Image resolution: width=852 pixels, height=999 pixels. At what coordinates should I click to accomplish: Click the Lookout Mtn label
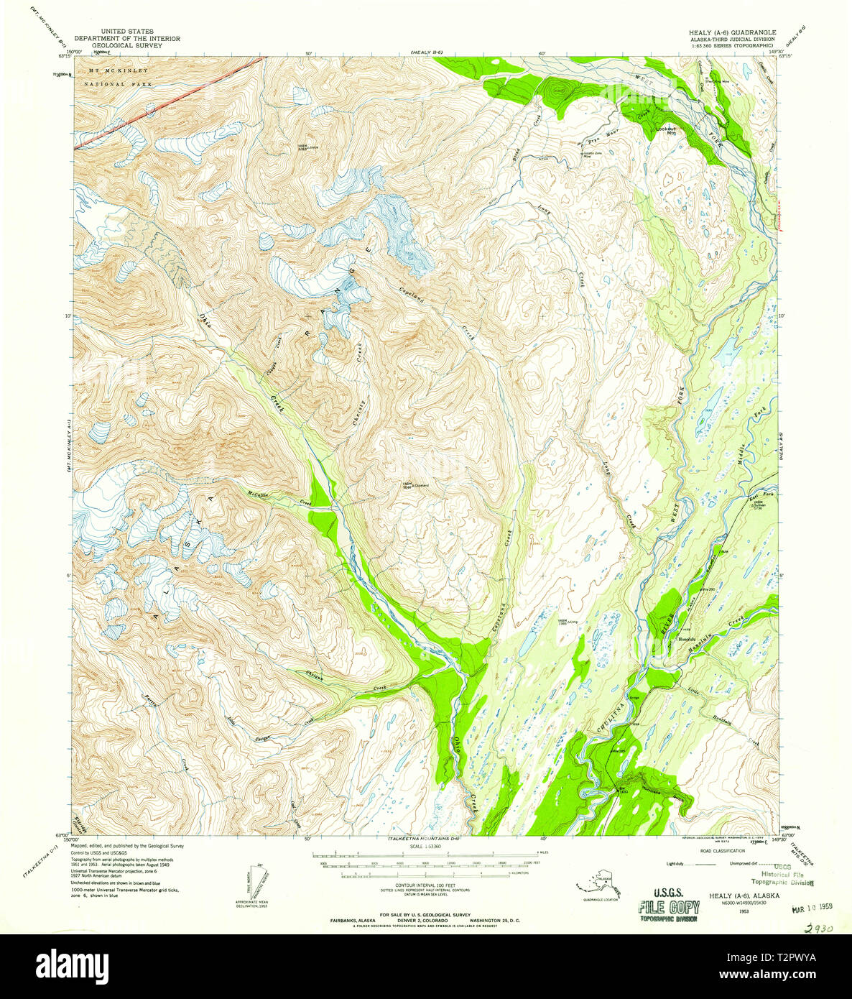coord(666,131)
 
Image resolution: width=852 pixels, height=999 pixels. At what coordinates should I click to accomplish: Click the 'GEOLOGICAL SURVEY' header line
coord(122,45)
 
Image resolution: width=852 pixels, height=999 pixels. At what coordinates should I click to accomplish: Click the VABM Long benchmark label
coord(568,622)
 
